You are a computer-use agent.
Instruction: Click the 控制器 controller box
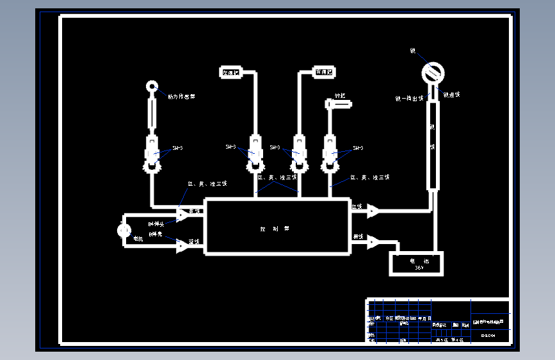pyautogui.click(x=277, y=227)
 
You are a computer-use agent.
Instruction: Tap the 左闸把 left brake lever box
pyautogui.click(x=230, y=72)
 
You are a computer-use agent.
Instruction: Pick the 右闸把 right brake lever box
pyautogui.click(x=324, y=72)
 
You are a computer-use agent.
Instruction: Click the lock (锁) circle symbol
pyautogui.click(x=434, y=72)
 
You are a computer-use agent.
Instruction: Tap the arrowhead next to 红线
pyautogui.click(x=373, y=211)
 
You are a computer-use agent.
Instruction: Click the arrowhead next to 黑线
pyautogui.click(x=373, y=241)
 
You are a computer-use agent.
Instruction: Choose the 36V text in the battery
pyautogui.click(x=419, y=268)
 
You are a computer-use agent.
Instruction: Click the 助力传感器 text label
pyautogui.click(x=181, y=97)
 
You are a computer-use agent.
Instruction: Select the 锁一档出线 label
pyautogui.click(x=409, y=99)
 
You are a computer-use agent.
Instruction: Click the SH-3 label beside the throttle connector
pyautogui.click(x=357, y=148)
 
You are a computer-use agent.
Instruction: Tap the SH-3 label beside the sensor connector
pyautogui.click(x=177, y=148)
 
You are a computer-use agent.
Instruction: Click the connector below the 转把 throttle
pyautogui.click(x=330, y=154)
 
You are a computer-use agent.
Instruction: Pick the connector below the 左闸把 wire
pyautogui.click(x=255, y=154)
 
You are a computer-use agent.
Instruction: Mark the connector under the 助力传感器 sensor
pyautogui.click(x=152, y=154)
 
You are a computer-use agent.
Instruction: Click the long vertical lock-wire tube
pyautogui.click(x=433, y=145)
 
